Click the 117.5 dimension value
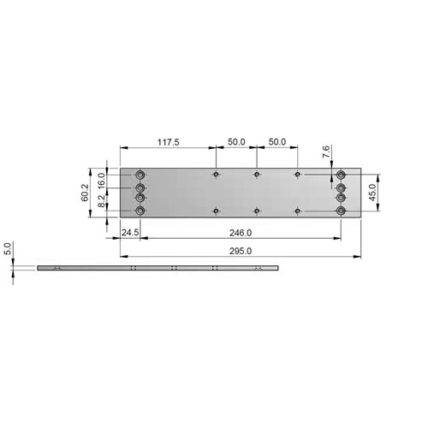169,142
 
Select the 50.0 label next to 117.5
235,142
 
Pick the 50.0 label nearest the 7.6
276,142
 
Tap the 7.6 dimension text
325,152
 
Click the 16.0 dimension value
101,181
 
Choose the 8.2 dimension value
101,202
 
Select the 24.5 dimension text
130,232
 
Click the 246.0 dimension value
240,232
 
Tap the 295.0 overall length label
240,252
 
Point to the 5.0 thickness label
8,250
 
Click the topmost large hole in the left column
141,175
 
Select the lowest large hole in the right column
341,211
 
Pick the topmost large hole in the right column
341,175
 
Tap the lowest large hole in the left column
141,211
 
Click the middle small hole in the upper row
256,175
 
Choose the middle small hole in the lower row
256,211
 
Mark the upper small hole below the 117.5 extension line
216,175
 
